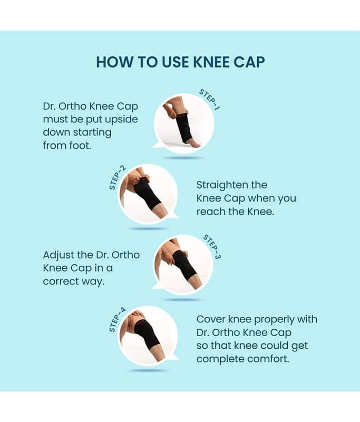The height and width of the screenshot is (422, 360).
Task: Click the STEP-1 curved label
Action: [209, 99]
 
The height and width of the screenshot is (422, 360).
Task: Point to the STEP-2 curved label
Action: [117, 178]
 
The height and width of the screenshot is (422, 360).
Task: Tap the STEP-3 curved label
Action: [212, 246]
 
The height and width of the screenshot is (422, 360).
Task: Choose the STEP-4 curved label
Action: [117, 320]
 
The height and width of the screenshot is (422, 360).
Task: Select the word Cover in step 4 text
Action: [210, 320]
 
